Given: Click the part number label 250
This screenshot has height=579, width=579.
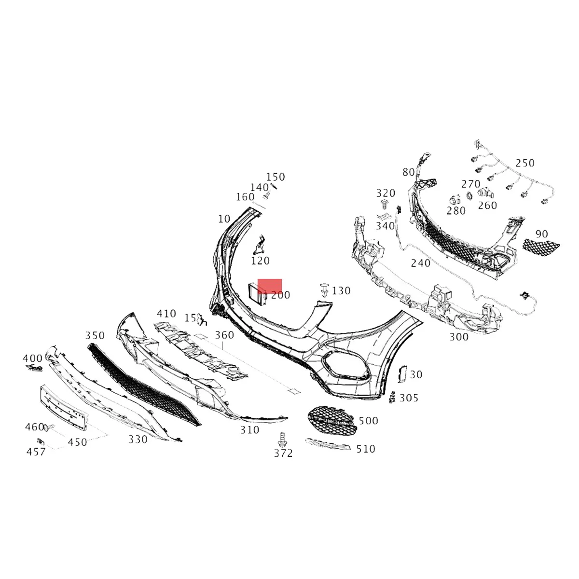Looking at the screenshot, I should click(525, 163).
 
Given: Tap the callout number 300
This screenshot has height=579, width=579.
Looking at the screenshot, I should click(459, 337).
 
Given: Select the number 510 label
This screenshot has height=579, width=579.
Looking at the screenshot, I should click(366, 449).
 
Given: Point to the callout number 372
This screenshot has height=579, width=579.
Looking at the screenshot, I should click(283, 454).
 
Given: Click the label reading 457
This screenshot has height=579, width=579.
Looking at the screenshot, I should click(36, 452).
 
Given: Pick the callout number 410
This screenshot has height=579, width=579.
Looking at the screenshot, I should click(166, 314).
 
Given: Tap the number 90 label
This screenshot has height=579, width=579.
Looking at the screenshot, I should click(542, 234).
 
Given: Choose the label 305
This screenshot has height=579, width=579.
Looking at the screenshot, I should click(409, 398).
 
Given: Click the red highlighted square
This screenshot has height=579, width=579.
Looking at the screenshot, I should click(270, 285).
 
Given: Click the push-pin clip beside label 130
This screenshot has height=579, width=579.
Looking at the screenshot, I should click(325, 290).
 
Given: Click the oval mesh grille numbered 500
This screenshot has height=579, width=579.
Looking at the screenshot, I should click(333, 420).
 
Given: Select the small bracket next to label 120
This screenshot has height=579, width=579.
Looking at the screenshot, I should click(261, 245).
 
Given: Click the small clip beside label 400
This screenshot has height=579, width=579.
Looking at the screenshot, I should click(33, 368).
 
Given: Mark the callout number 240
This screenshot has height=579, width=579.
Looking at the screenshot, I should click(420, 263).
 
